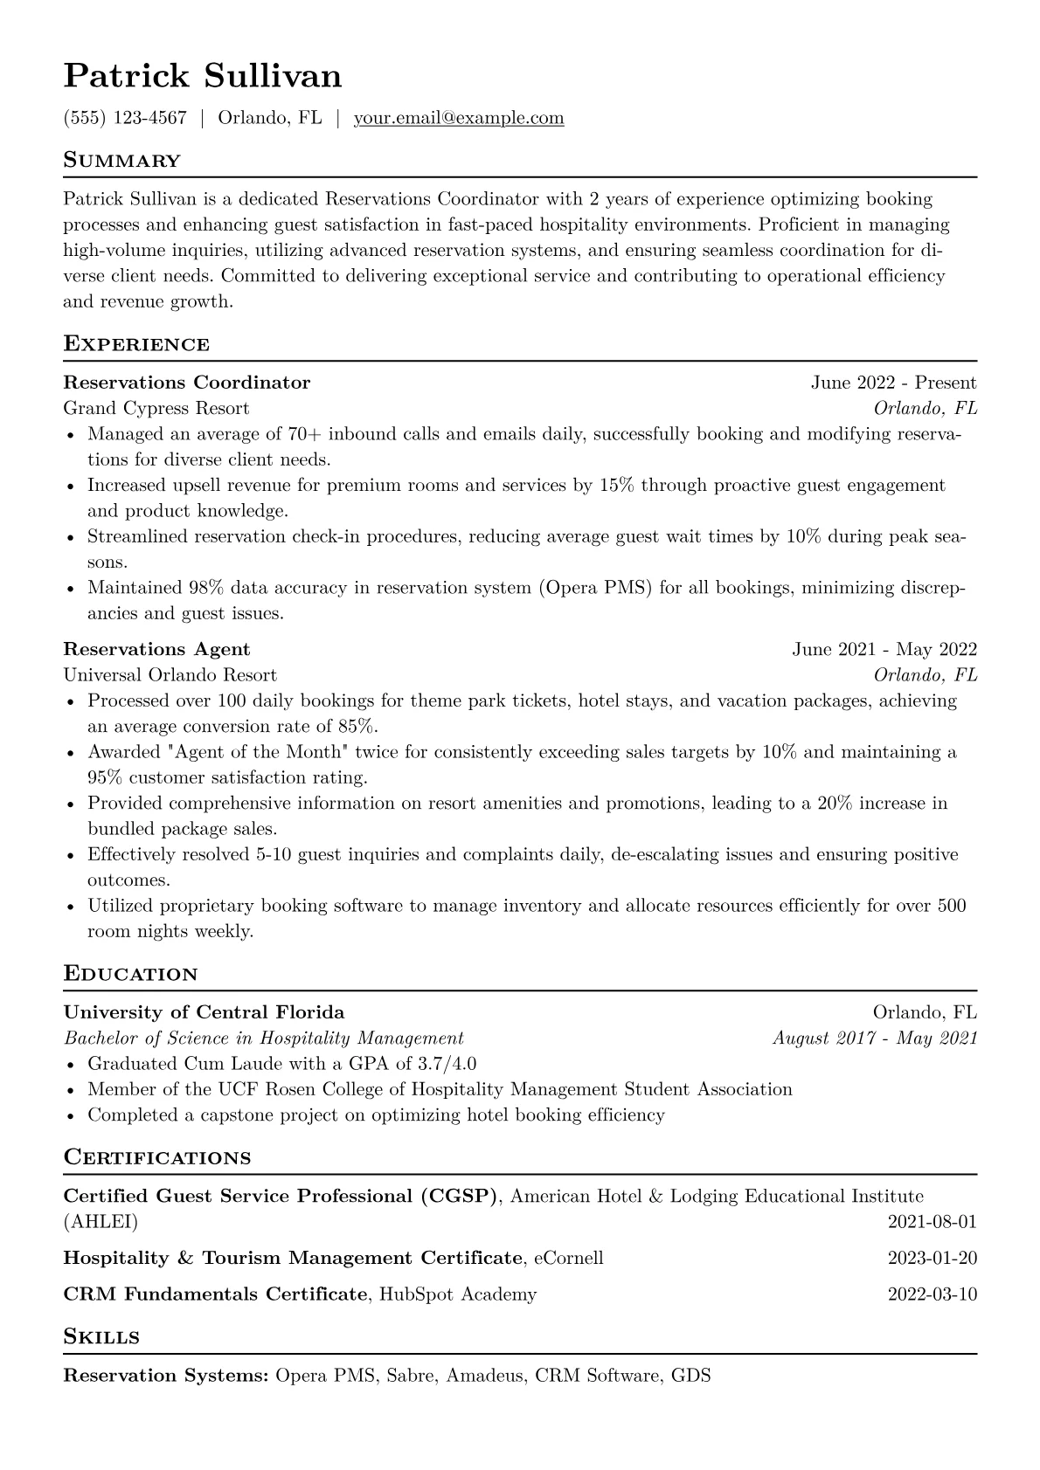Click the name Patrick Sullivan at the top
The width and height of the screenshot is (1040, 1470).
tap(203, 77)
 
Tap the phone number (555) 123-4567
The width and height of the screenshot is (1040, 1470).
tap(125, 118)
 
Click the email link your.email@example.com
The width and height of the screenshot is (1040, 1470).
tap(458, 118)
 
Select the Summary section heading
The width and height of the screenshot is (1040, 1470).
tap(121, 161)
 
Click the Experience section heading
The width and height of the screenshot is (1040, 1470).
tap(136, 344)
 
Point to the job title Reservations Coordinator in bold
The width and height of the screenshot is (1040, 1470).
tap(187, 383)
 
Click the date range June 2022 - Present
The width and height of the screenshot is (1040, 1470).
tap(893, 383)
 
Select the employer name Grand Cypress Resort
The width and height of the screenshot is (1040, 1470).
tap(156, 408)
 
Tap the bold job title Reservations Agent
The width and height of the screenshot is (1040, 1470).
tap(157, 649)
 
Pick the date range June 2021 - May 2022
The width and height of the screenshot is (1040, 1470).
tap(884, 649)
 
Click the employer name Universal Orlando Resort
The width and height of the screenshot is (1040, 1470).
tap(170, 674)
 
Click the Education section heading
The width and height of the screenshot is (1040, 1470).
tap(131, 974)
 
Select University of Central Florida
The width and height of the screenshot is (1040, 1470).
tap(204, 1012)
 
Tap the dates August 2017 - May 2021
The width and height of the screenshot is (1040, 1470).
tap(875, 1038)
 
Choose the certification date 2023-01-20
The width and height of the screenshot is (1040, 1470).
tap(932, 1258)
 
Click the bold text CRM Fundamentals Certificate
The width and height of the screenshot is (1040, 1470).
tap(215, 1294)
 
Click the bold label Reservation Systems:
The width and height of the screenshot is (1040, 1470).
tap(166, 1376)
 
